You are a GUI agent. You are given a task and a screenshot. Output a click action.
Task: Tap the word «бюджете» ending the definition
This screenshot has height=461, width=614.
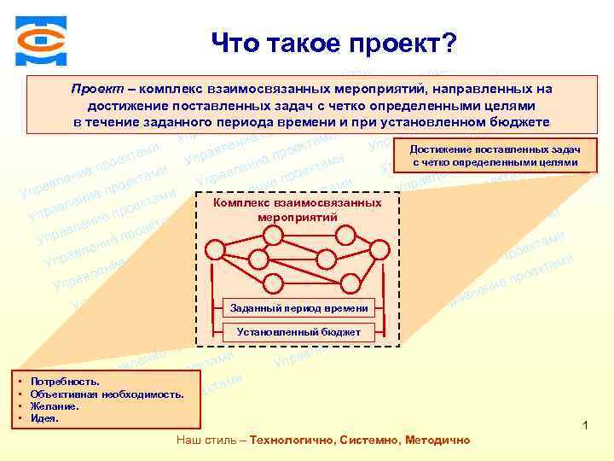point(518,121)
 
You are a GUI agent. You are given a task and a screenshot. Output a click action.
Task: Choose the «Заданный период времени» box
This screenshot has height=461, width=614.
point(299,307)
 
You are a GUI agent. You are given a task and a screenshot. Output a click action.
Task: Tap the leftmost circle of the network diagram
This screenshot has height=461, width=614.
point(216,249)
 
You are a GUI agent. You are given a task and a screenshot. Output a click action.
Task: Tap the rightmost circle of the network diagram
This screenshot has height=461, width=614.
point(380,249)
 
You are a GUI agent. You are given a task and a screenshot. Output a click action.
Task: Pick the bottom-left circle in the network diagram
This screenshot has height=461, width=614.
point(271,283)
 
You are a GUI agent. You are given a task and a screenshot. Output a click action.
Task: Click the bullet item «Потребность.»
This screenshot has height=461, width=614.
point(64,381)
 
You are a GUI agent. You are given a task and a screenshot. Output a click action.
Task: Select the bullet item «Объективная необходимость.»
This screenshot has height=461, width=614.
point(106,394)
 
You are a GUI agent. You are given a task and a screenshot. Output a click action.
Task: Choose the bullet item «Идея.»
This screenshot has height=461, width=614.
point(44,418)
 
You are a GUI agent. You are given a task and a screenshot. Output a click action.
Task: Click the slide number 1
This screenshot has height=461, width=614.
point(586,425)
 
